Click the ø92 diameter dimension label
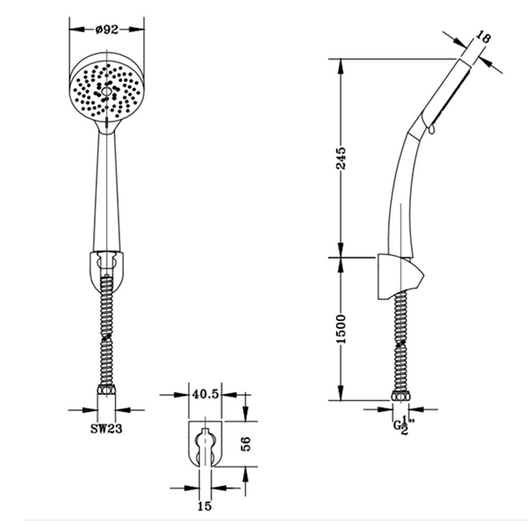click(x=107, y=30)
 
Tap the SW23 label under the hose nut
click(x=106, y=429)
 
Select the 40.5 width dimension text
click(x=205, y=394)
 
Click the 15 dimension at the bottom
click(x=204, y=506)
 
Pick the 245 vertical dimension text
click(x=342, y=158)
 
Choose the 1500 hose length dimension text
click(x=342, y=328)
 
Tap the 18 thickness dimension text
click(x=484, y=37)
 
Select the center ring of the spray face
click(x=107, y=92)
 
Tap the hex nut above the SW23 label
click(x=106, y=391)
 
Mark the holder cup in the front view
click(x=107, y=264)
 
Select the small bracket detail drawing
click(x=205, y=443)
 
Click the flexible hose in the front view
click(x=107, y=333)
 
